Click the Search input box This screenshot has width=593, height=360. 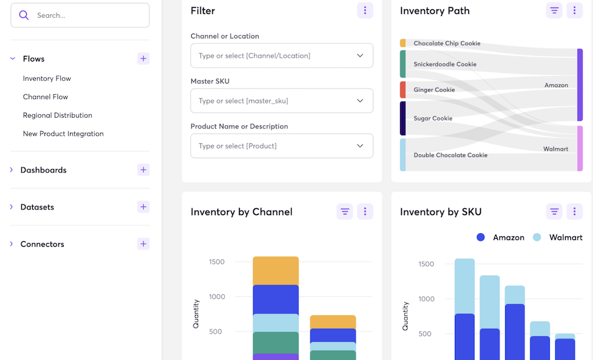(x=85, y=15)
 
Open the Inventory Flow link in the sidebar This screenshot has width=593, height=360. (x=47, y=79)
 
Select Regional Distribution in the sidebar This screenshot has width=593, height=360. (x=57, y=115)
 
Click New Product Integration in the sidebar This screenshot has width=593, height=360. (x=63, y=133)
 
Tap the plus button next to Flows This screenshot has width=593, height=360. (x=143, y=58)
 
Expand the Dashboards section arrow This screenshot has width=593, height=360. (x=12, y=170)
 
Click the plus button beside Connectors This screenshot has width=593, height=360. (x=143, y=244)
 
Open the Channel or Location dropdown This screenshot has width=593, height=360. (x=281, y=55)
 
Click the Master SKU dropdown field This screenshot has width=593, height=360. (x=281, y=101)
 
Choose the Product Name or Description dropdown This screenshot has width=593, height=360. (x=281, y=146)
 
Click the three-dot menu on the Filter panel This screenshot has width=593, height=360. (x=365, y=10)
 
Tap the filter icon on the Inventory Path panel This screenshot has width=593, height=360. (x=554, y=10)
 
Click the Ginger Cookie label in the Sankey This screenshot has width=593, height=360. (x=434, y=90)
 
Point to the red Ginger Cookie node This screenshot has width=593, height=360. (x=403, y=90)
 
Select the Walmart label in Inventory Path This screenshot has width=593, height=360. (x=555, y=149)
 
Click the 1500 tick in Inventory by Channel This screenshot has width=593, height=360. (x=217, y=262)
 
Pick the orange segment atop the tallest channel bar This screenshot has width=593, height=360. (x=275, y=270)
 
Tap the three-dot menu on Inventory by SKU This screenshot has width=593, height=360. (x=574, y=211)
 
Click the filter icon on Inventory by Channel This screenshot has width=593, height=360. (x=345, y=211)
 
